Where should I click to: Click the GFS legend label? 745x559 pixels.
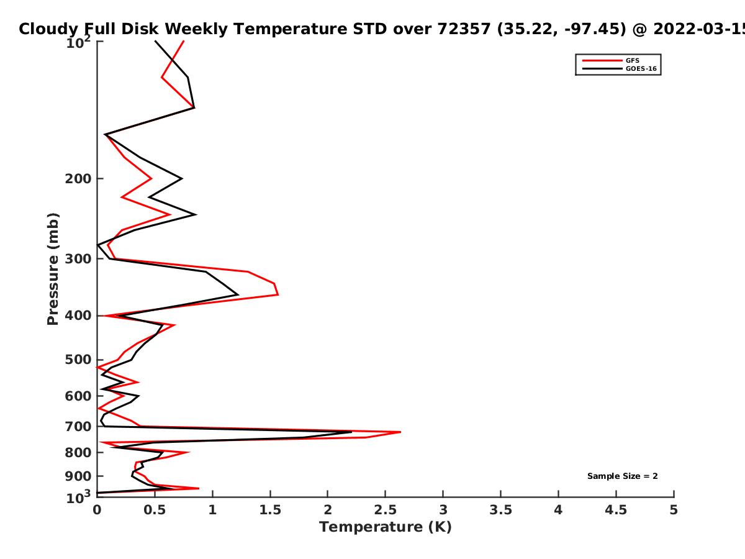point(632,60)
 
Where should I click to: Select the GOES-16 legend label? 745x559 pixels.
point(641,68)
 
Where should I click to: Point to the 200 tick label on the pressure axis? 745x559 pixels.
point(78,178)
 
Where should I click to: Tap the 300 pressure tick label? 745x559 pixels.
point(78,258)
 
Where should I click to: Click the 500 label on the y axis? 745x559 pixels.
point(78,360)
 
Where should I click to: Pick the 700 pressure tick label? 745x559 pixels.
point(78,426)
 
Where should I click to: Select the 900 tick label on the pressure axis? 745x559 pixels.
point(78,476)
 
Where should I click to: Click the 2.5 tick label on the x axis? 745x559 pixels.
point(386,510)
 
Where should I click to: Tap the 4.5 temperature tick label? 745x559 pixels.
point(616,510)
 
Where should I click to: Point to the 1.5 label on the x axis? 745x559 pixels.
point(270,510)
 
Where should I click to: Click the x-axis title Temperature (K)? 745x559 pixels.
point(386,527)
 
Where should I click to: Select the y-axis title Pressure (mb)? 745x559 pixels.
point(53,269)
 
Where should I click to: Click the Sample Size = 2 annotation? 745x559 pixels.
point(623,476)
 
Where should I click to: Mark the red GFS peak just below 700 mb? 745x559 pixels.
point(400,432)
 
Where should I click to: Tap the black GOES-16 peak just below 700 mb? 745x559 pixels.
point(351,432)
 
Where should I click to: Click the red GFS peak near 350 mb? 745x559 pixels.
point(278,294)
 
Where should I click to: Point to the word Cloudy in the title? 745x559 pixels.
point(48,30)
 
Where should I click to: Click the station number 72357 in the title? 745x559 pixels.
point(464,29)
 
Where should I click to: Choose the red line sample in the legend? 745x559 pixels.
point(602,61)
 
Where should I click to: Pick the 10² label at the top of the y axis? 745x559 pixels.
point(78,42)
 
